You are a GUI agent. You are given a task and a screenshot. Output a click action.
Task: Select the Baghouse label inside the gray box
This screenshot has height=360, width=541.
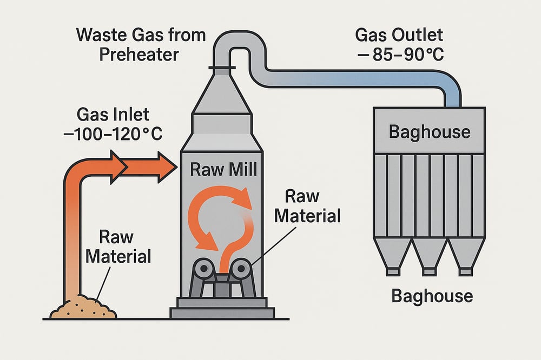430,131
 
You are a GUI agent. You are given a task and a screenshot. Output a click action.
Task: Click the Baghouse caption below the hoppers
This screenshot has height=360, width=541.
431,296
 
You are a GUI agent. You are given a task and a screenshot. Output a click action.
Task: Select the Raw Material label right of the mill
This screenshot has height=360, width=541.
307,207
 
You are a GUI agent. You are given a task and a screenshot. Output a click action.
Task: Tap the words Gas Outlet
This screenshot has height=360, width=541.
399,36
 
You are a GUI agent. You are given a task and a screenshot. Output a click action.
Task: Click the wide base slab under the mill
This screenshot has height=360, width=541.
223,312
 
